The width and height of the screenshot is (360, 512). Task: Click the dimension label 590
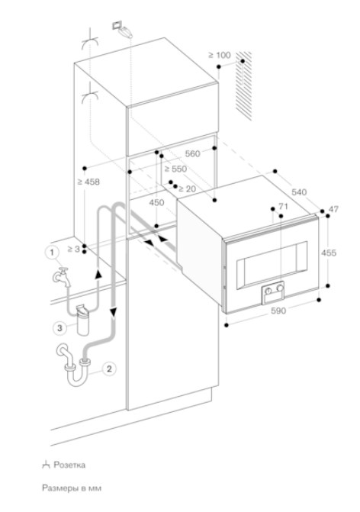click(x=278, y=311)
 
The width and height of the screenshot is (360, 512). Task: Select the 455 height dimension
click(x=328, y=253)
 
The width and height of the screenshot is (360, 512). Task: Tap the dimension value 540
click(x=299, y=192)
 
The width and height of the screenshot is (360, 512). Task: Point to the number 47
click(x=333, y=209)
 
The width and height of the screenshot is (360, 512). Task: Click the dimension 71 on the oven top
click(x=283, y=206)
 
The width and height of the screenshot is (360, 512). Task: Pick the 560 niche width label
click(x=192, y=153)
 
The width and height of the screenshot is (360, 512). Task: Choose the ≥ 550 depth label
click(x=175, y=169)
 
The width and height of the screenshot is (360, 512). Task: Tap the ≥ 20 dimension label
click(x=188, y=188)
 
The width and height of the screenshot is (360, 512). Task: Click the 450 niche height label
click(x=156, y=202)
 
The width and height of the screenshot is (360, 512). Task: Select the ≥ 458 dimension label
click(x=88, y=182)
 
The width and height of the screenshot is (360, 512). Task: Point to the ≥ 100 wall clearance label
click(x=220, y=55)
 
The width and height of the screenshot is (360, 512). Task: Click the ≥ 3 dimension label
click(x=74, y=249)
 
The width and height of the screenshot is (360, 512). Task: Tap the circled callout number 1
click(x=52, y=253)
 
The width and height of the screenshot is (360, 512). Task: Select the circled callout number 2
click(x=109, y=369)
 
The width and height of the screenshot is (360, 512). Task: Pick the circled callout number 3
click(x=59, y=327)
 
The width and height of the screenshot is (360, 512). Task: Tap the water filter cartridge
click(x=82, y=320)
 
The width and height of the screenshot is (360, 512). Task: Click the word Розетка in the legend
click(x=69, y=465)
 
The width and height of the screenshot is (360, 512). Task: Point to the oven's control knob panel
click(x=273, y=292)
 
